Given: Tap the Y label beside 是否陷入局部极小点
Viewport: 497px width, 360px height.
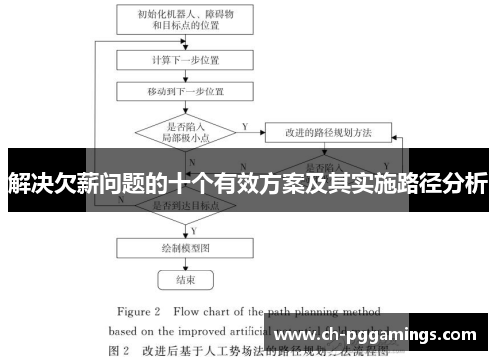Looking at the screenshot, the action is (243, 125).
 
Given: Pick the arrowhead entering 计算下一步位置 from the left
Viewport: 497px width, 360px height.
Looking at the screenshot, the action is (113, 59).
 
